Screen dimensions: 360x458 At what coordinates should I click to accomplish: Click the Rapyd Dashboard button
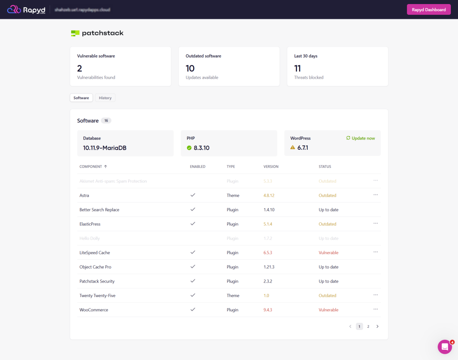(x=428, y=9)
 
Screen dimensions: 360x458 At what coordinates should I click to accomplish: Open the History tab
(x=105, y=98)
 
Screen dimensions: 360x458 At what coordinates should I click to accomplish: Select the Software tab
(x=81, y=98)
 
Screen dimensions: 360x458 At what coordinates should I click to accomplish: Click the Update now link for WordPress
(x=360, y=138)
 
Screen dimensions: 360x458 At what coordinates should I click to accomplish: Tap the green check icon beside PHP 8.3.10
(x=189, y=148)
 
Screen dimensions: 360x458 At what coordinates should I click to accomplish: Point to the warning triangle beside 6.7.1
(x=293, y=148)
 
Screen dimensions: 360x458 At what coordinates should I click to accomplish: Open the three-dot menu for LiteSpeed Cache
(x=376, y=252)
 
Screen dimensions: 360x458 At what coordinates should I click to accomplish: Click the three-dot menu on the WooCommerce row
(x=376, y=309)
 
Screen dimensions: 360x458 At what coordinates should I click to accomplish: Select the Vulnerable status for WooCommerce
(x=328, y=310)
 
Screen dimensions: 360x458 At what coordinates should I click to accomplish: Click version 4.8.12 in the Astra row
(x=269, y=195)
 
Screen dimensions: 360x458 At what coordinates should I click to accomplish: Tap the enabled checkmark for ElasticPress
(x=193, y=224)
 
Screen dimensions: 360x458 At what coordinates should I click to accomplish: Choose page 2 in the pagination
(x=368, y=326)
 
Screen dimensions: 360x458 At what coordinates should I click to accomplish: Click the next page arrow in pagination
(x=377, y=326)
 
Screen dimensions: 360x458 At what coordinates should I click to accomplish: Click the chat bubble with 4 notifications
(x=445, y=347)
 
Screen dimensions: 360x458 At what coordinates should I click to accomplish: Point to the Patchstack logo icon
(x=75, y=33)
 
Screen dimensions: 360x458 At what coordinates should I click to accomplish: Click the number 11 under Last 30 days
(x=297, y=68)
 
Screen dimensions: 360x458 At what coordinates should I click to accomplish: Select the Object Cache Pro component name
(x=95, y=267)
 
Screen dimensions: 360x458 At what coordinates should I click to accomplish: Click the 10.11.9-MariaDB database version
(x=105, y=148)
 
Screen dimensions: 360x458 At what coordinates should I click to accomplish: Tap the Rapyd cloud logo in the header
(x=14, y=9)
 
